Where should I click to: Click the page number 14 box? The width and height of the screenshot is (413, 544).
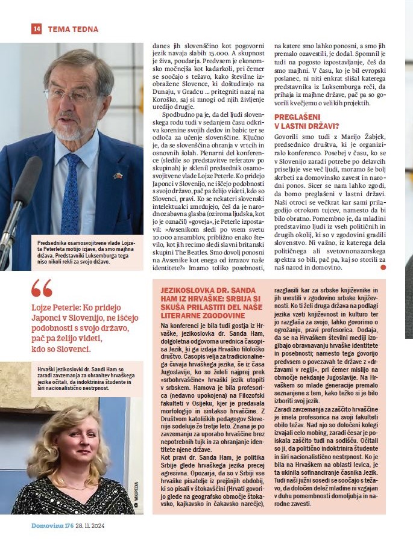coord(36,29)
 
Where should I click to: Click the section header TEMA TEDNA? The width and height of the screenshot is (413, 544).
coord(72,29)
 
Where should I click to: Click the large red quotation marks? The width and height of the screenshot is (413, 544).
coord(42,288)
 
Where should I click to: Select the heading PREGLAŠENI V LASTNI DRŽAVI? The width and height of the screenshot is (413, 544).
coord(306,122)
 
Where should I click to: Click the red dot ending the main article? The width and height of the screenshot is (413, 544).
coord(383,267)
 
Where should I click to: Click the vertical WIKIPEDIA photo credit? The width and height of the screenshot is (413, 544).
coord(136,498)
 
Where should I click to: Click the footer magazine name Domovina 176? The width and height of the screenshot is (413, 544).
coord(52,526)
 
